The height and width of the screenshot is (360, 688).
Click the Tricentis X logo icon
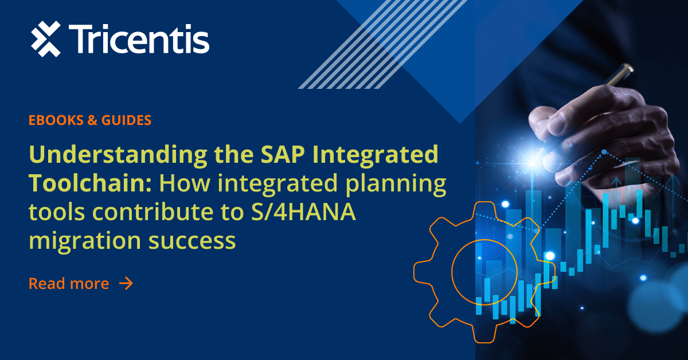[x=45, y=39]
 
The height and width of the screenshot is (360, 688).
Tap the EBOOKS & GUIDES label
[x=90, y=120]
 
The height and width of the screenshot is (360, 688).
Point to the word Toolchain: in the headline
[x=91, y=184]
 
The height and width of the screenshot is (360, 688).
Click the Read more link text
[x=69, y=283]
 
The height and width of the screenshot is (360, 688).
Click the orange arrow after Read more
[x=126, y=283]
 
